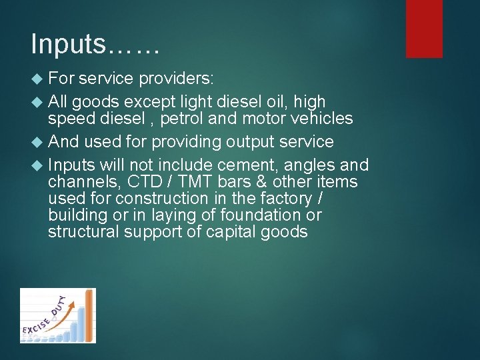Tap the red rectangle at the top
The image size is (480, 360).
(x=424, y=28)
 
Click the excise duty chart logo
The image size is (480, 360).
(x=57, y=315)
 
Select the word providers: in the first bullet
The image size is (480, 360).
(x=176, y=79)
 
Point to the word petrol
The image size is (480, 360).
(x=181, y=119)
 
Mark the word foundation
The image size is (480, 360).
(x=258, y=215)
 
